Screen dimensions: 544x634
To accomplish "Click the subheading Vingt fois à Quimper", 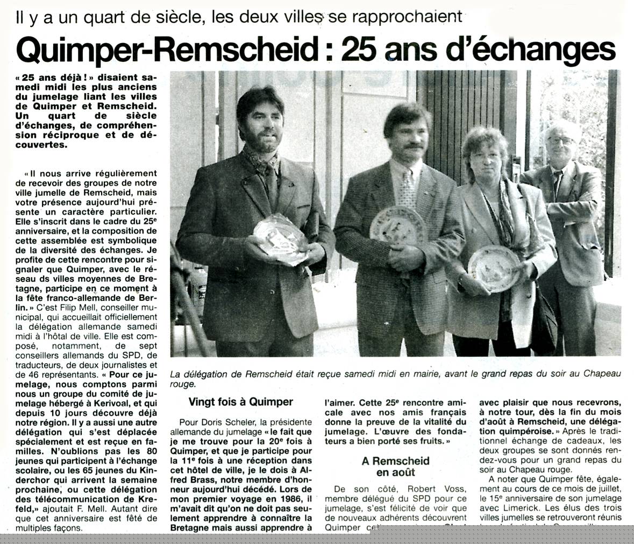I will tap(240, 401).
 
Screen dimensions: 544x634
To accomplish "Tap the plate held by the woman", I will tap(494, 268).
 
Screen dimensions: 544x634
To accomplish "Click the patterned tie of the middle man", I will tap(408, 188).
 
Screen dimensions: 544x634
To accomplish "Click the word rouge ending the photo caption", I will tap(182, 384).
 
